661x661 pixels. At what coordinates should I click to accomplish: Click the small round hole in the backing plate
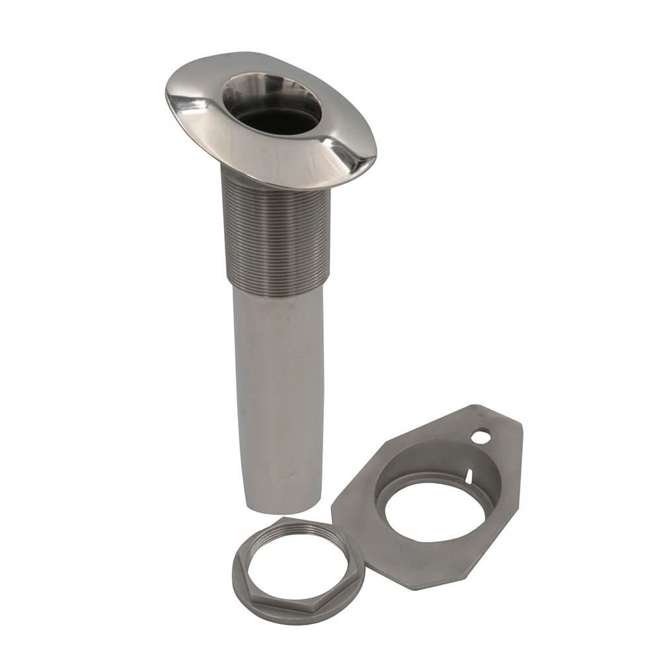[x=481, y=437]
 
